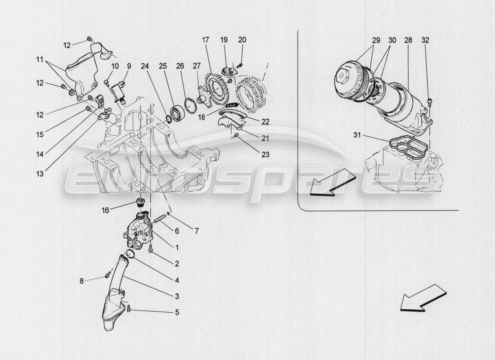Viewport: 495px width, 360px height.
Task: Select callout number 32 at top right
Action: [x=425, y=40]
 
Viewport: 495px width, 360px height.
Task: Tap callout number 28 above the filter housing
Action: [x=408, y=40]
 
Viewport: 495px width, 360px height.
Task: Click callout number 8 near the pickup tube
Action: [x=81, y=281]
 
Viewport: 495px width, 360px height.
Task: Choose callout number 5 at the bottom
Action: [x=177, y=311]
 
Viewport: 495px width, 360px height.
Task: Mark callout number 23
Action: [x=265, y=155]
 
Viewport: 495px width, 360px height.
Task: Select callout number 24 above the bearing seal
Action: [x=144, y=66]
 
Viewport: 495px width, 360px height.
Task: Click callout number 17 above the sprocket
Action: [x=206, y=40]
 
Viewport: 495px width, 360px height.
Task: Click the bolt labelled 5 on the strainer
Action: [x=130, y=308]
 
